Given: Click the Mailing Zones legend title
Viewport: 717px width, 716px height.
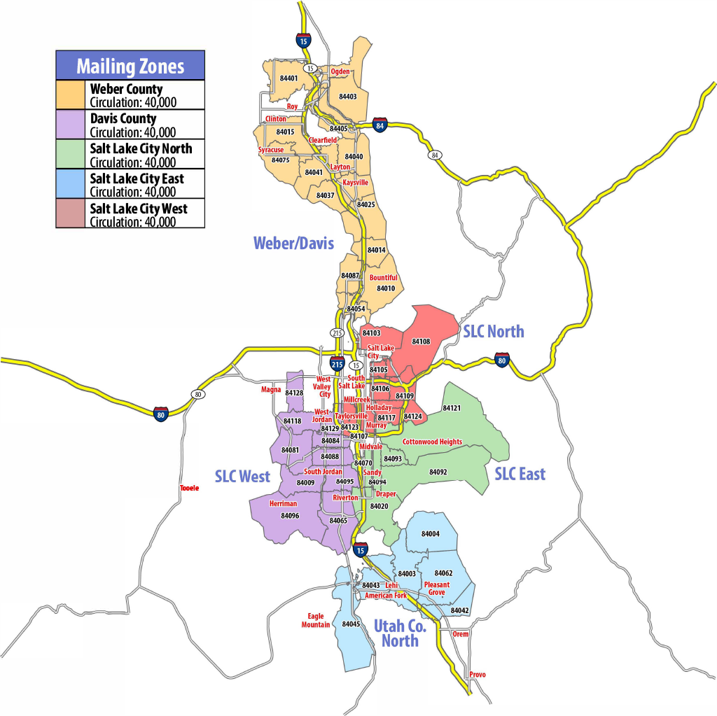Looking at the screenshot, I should pos(130,66).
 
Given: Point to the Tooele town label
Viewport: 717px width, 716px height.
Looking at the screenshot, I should pos(189,488).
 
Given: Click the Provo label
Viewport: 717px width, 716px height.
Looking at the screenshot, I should pos(478,675).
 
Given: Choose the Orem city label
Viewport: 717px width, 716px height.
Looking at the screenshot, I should pos(460,634).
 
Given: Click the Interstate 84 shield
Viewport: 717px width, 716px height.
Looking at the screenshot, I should pos(380,125).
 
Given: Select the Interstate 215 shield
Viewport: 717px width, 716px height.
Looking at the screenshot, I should pos(337,364).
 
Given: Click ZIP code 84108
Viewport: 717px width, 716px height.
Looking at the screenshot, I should pos(421,342).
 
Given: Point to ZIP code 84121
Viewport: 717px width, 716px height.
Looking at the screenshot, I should pos(452,407).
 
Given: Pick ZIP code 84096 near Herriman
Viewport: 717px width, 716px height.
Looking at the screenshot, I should pos(290,516).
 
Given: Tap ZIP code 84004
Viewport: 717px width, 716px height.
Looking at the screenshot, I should pos(431,534).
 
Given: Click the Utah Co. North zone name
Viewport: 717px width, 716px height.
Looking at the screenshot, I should pos(400,633).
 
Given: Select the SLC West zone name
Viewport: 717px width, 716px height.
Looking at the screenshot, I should pos(242,477).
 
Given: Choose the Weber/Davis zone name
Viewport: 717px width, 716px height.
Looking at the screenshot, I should pos(293,243).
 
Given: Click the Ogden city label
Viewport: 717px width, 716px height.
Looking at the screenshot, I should pos(340,71).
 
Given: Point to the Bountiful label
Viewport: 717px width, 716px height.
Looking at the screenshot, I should pos(383,278).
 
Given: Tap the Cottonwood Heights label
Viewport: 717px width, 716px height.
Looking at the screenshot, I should pos(432,442).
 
